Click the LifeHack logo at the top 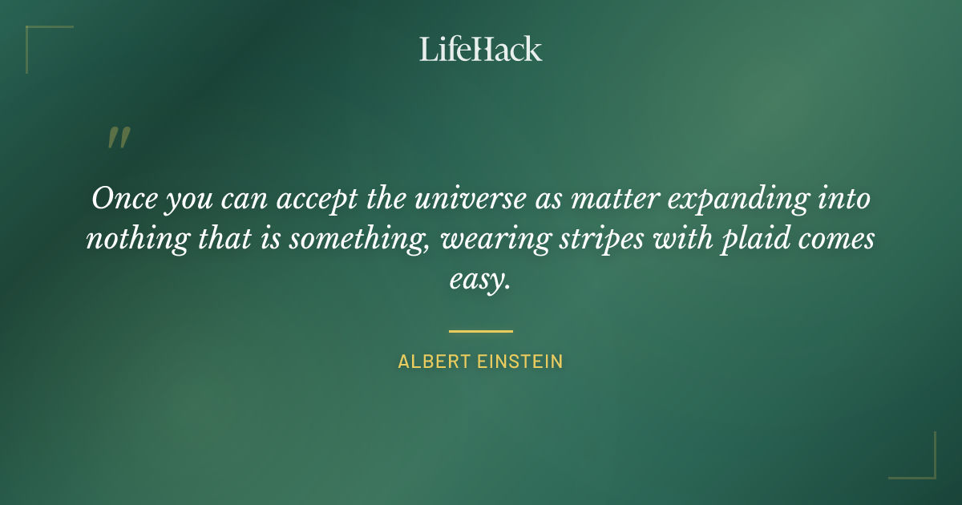coord(480,49)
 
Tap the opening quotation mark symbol coord(118,139)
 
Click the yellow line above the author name coord(480,330)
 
